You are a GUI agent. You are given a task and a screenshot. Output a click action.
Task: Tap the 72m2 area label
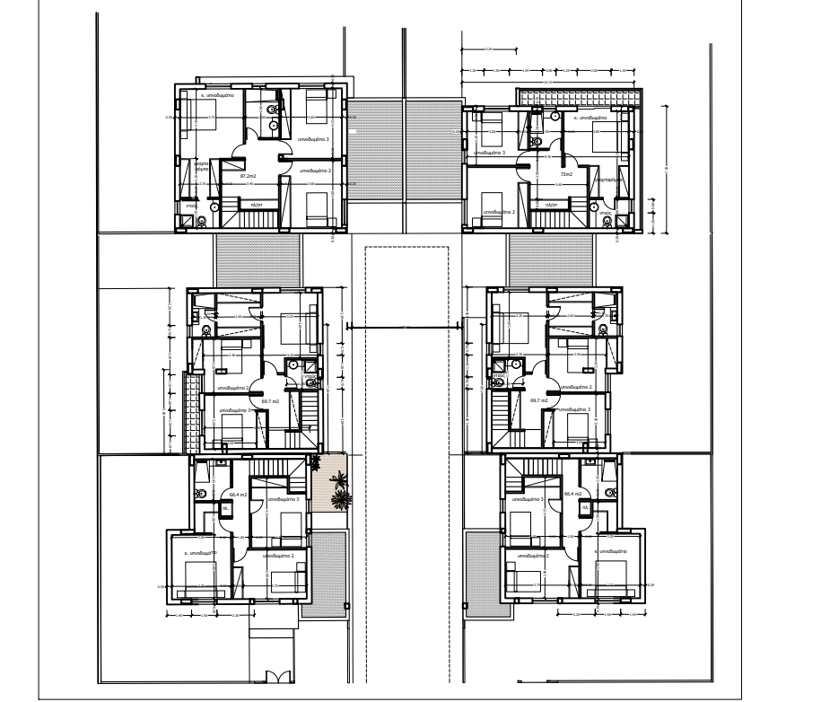(566, 174)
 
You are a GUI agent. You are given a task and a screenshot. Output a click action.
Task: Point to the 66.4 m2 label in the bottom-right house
(574, 494)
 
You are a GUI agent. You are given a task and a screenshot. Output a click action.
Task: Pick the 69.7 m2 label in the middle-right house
(540, 400)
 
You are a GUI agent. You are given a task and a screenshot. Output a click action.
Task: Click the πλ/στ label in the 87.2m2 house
(256, 205)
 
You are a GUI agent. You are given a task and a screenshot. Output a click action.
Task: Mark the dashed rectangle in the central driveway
(406, 359)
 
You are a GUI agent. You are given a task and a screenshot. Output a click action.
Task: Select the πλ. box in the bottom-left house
(226, 508)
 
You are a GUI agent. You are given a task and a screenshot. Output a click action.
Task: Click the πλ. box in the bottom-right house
(585, 508)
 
